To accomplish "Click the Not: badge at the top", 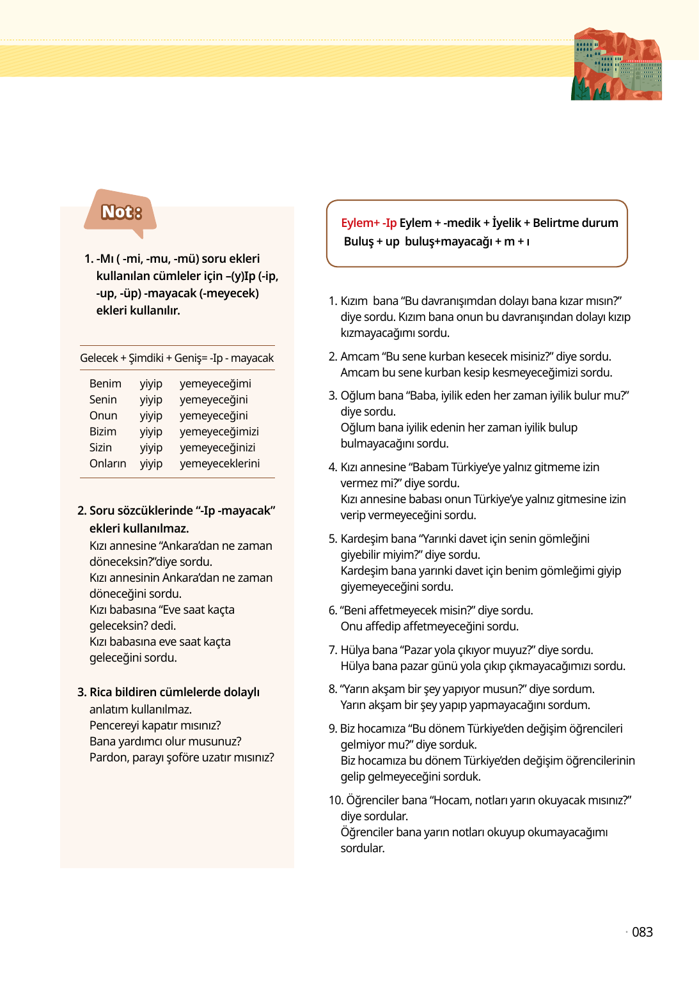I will click(x=121, y=212).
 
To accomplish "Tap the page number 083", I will click(x=642, y=932).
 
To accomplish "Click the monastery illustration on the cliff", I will click(x=616, y=65).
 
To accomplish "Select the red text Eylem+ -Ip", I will click(x=368, y=223).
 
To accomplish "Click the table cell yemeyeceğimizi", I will click(x=219, y=432).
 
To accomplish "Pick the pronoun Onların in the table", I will click(x=107, y=464).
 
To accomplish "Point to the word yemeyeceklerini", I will click(x=219, y=464).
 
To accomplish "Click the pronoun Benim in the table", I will click(x=105, y=384).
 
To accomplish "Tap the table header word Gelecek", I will click(x=98, y=358).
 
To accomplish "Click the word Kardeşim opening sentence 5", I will click(x=363, y=539).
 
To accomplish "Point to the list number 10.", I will click(x=335, y=800).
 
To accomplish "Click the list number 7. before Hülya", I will click(x=333, y=650).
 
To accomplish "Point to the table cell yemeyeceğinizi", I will click(x=217, y=448).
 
